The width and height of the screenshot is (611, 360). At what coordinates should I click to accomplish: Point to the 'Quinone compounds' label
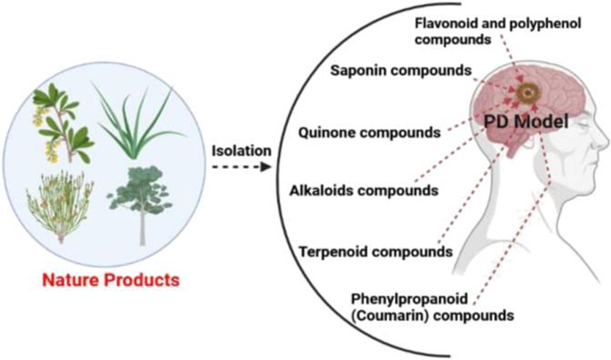[369, 133]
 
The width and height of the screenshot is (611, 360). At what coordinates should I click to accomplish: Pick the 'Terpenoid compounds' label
[375, 252]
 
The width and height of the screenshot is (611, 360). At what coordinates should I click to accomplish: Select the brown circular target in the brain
[527, 93]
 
